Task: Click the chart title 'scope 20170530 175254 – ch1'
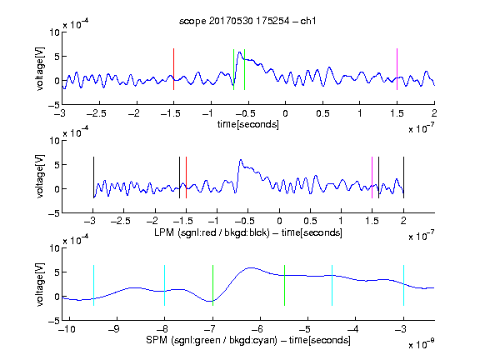(247, 21)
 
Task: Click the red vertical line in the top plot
(173, 69)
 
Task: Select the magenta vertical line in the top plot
(397, 69)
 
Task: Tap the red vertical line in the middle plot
(186, 177)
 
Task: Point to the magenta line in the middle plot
(372, 177)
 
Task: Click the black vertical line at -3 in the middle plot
(93, 177)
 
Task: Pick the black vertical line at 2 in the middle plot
(403, 177)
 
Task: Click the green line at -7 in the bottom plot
(212, 285)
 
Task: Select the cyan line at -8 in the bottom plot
(164, 285)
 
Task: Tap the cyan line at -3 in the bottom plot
(403, 285)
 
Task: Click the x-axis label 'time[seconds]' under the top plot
(248, 124)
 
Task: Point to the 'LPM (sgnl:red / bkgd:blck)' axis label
(212, 232)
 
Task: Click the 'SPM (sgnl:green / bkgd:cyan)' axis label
(212, 340)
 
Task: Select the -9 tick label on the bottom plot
(114, 329)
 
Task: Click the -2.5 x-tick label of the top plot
(97, 113)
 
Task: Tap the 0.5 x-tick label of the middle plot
(310, 221)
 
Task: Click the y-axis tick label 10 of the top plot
(55, 32)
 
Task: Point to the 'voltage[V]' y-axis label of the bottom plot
(40, 284)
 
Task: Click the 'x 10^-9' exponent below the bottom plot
(422, 344)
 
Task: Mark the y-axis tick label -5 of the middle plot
(54, 213)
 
